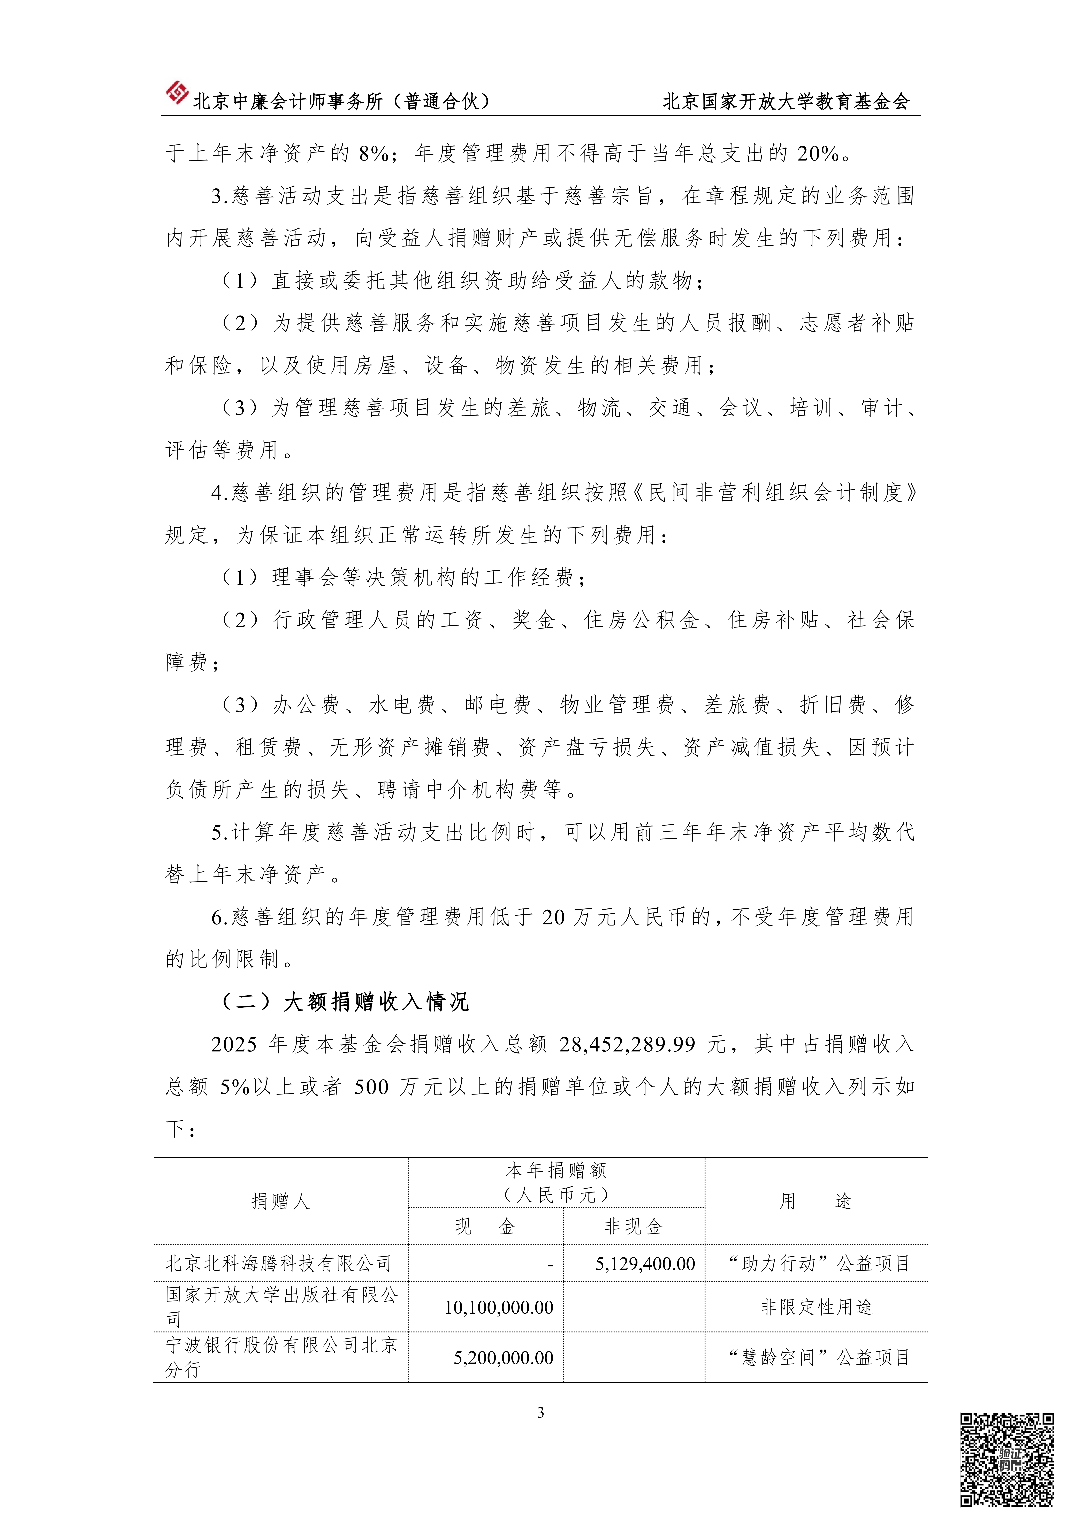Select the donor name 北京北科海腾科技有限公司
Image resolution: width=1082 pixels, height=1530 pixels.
[x=278, y=1264]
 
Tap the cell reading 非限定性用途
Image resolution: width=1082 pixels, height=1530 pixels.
[x=816, y=1307]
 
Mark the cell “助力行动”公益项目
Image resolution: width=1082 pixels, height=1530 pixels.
[x=818, y=1264]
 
